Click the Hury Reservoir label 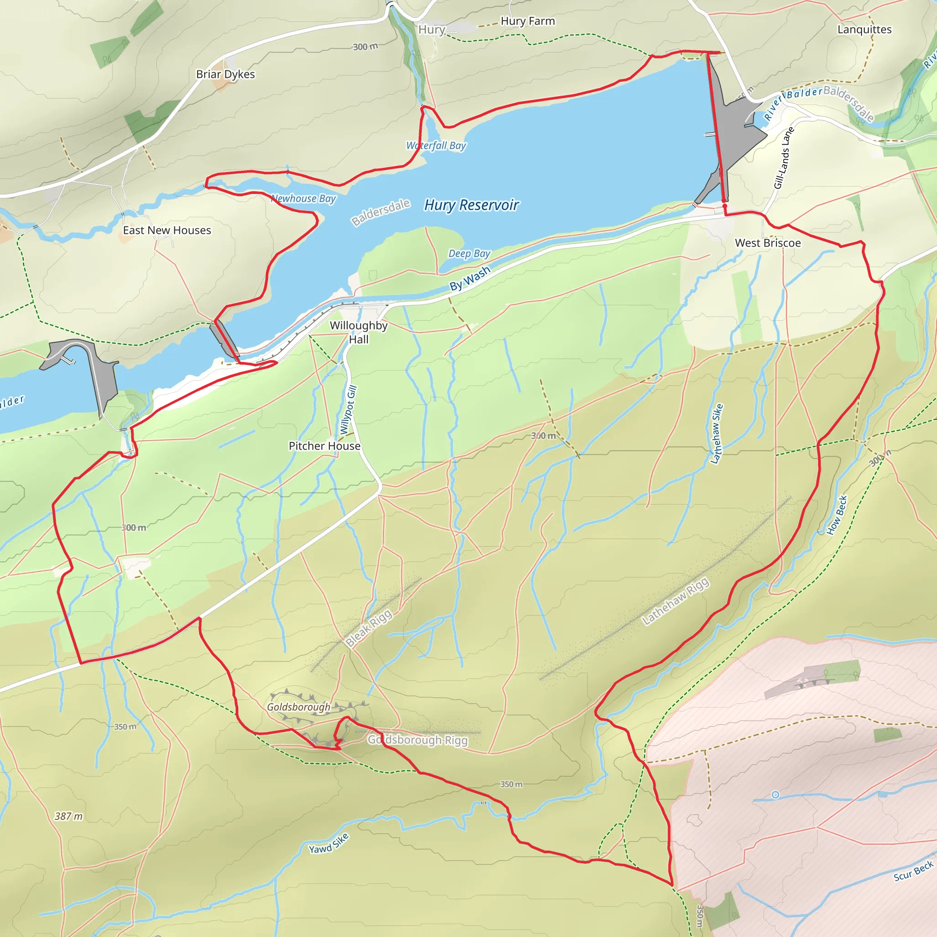(471, 205)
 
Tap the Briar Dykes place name (226, 74)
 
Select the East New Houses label (167, 231)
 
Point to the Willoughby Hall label (358, 332)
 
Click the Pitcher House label (324, 446)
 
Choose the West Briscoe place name (768, 243)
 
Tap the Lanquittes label (864, 30)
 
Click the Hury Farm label (528, 22)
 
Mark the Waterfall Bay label (436, 145)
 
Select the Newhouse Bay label (304, 199)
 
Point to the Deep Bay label (469, 253)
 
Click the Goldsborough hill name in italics (298, 707)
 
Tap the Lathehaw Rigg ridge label (676, 601)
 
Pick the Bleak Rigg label (369, 629)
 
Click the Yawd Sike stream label (329, 843)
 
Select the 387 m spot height (68, 816)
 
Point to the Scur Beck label (913, 871)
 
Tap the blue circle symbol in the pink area (775, 794)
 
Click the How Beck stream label (837, 515)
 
